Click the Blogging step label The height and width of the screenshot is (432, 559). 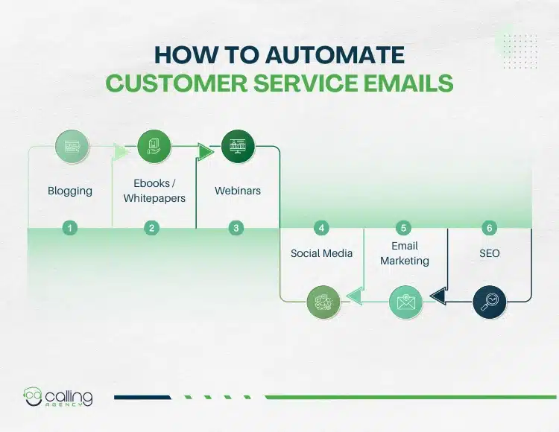coord(70,191)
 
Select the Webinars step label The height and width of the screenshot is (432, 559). coord(238,191)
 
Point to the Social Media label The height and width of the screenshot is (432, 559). coord(321,253)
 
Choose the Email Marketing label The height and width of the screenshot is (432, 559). coord(405,253)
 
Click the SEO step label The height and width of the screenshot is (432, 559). coord(489,253)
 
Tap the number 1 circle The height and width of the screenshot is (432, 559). coord(70,228)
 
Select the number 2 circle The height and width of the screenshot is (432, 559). coord(153,228)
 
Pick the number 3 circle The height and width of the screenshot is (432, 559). coord(237,228)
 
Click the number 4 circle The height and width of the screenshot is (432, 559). coord(321,228)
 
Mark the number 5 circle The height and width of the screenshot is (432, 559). coord(405,228)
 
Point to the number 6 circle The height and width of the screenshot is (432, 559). coord(489,228)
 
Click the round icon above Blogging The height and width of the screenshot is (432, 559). coord(72,147)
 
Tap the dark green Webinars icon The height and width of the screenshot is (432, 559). coord(238,147)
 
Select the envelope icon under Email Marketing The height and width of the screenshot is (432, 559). coord(406,302)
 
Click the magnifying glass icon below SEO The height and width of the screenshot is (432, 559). coord(490,302)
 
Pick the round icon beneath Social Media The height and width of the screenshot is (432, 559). coord(323,302)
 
